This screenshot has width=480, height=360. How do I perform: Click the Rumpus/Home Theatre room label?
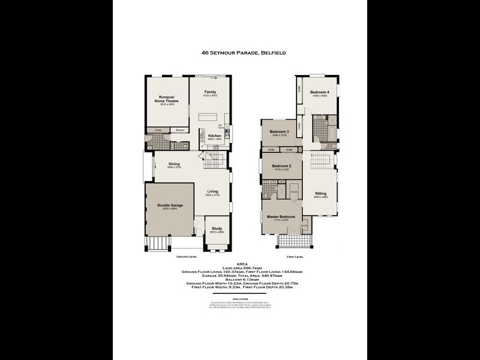(x=166, y=99)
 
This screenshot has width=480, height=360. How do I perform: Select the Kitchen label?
(x=215, y=136)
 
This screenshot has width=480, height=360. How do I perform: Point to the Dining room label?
(x=174, y=164)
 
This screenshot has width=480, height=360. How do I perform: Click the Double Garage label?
(x=170, y=205)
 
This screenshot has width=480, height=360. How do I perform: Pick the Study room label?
(x=217, y=228)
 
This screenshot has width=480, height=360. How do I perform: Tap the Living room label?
(x=213, y=191)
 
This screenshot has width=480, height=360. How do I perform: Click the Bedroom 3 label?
(x=280, y=132)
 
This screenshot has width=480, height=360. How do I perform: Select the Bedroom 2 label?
(x=281, y=166)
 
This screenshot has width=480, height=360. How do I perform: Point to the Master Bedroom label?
(x=281, y=216)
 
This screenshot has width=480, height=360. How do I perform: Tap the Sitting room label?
(x=321, y=194)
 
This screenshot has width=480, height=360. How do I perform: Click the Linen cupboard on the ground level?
(x=158, y=130)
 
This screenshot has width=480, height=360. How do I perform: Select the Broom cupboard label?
(x=179, y=130)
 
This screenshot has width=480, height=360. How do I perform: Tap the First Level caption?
(x=295, y=256)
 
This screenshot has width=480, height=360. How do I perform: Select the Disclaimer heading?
(x=239, y=298)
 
